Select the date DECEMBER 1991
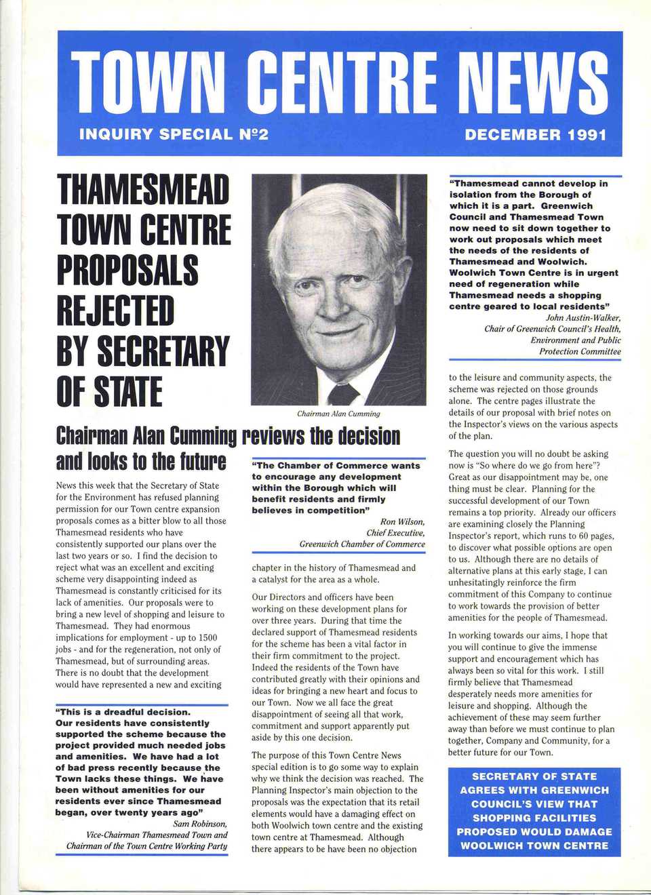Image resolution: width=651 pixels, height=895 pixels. [535, 134]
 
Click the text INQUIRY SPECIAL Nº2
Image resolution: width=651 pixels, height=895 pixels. [174, 134]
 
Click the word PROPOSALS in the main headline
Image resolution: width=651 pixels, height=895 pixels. [127, 270]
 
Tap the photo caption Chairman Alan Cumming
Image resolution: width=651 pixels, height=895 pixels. [338, 414]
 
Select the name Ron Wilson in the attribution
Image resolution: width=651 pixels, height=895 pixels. [402, 521]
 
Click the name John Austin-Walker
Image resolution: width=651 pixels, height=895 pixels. [583, 317]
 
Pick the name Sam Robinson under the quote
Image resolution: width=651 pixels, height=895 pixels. [200, 824]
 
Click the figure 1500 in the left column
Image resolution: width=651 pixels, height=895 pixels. [208, 637]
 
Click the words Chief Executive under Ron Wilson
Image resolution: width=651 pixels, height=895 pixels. [395, 533]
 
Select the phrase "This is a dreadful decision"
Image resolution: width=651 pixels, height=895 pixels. [123, 712]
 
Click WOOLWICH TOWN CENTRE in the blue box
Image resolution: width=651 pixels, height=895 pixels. [534, 846]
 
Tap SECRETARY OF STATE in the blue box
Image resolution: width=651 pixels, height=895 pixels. [534, 776]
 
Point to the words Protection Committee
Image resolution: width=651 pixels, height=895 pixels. [580, 351]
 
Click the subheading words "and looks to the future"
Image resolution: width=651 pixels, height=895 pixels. [140, 462]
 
